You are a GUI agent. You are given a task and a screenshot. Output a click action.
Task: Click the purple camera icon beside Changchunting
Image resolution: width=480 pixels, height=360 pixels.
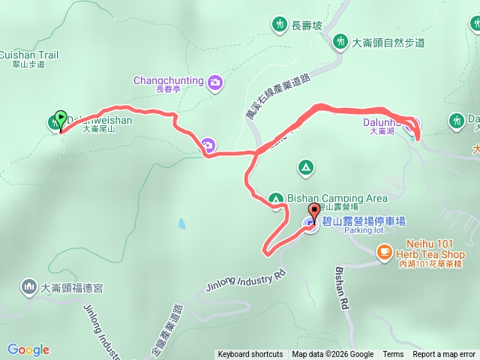pyautogui.click(x=215, y=82)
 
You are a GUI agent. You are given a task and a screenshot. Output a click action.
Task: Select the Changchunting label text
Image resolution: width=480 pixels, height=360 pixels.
pyautogui.click(x=169, y=80)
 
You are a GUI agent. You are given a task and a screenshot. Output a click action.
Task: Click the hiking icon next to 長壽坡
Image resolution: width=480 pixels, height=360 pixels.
pyautogui.click(x=280, y=25)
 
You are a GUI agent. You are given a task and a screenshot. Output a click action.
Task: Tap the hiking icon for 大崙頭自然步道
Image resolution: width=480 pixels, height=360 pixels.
pyautogui.click(x=341, y=41)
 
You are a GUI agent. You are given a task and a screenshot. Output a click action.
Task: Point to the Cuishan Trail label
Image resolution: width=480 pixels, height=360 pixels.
pyautogui.click(x=29, y=55)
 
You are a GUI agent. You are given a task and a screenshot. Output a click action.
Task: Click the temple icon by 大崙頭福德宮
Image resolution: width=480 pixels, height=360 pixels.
pyautogui.click(x=29, y=286)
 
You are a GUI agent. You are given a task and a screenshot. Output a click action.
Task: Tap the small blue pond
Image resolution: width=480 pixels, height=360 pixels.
pyautogui.click(x=181, y=223)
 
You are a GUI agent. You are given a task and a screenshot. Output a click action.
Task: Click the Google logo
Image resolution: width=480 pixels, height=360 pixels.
pyautogui.click(x=28, y=349)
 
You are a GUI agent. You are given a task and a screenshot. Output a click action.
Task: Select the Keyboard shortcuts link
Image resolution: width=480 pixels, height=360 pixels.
pyautogui.click(x=250, y=355)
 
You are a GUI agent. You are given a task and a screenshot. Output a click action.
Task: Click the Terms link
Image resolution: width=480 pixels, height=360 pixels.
pyautogui.click(x=393, y=355)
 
